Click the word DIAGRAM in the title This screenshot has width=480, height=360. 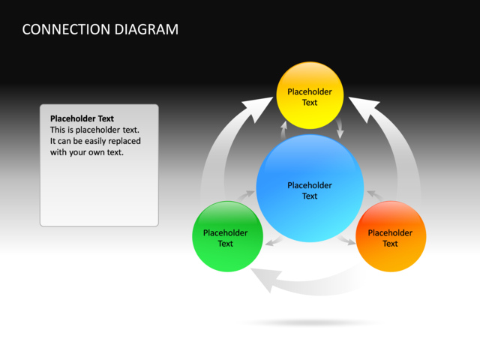(x=146, y=30)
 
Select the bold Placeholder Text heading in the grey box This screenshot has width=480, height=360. (x=82, y=118)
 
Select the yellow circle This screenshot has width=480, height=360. (x=310, y=96)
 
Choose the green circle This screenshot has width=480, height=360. (x=226, y=236)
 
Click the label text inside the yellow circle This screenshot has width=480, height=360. (x=310, y=97)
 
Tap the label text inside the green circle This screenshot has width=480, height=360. (x=226, y=238)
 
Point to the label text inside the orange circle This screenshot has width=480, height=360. (x=390, y=238)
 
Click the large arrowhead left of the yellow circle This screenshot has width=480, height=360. (x=257, y=110)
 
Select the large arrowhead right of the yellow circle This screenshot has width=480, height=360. (x=362, y=110)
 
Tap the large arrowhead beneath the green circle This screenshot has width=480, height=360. (x=262, y=280)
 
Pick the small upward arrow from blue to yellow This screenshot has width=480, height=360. (x=283, y=130)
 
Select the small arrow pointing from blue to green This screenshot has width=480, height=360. (x=274, y=241)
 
